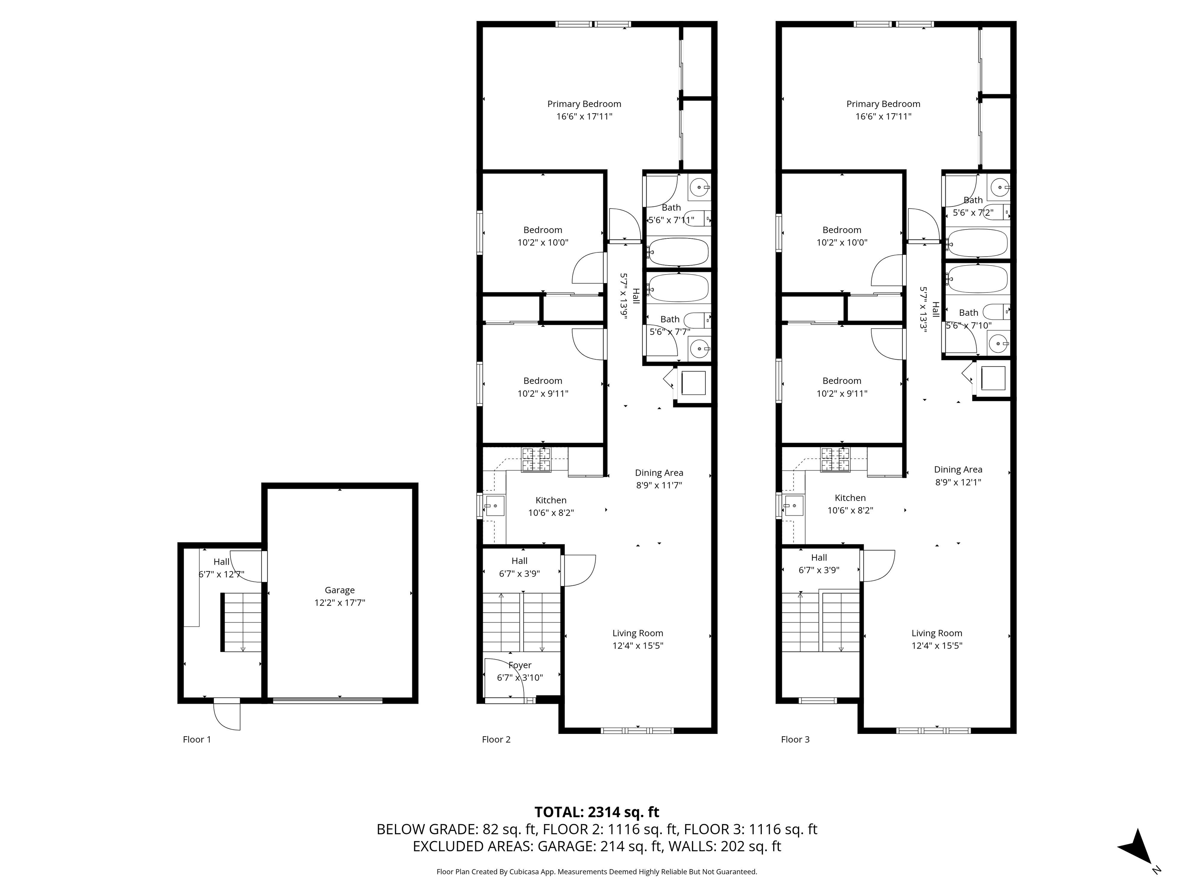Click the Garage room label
tap(340, 590)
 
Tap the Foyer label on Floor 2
tap(520, 665)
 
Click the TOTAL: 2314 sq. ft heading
tap(597, 812)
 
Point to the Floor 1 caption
tap(197, 739)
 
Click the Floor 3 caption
tap(795, 739)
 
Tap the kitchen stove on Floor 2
tap(536, 460)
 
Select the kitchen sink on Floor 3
tap(794, 506)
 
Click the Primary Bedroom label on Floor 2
tap(584, 104)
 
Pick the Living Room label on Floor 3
tap(937, 633)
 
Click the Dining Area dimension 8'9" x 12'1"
tap(958, 482)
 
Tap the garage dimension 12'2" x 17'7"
tap(340, 603)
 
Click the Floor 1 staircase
tap(241, 623)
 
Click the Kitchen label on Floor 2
tap(551, 500)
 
